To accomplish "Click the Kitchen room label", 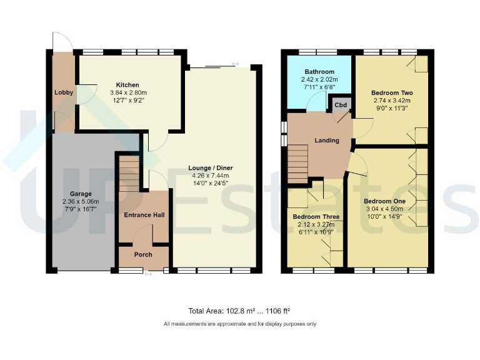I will pos(127,85).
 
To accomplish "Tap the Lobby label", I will pos(64,92).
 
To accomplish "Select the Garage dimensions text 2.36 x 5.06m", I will pos(81,202).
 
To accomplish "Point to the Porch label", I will pos(143,254).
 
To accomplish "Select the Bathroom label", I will pos(320,72).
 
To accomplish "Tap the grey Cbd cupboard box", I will pos(341,104).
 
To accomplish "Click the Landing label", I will pos(326,141).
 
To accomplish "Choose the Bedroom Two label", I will pos(392,92).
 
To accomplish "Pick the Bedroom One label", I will pos(384,201).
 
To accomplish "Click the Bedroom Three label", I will pos(316,217).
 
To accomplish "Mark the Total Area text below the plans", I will pos(239,311).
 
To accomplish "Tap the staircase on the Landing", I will pos(298,164).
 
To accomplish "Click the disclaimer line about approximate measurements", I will pos(240,324).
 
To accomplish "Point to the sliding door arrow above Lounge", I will pos(235,64).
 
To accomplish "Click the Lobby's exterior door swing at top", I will pos(62,41).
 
